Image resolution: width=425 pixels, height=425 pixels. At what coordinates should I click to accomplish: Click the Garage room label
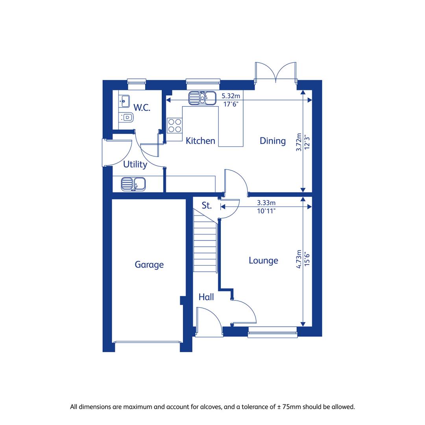point(149,264)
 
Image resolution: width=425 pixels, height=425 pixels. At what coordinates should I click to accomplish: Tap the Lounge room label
point(263,261)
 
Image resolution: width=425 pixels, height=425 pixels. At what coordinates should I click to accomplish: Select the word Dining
point(272,140)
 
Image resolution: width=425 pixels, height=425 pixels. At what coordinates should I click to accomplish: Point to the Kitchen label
point(200,140)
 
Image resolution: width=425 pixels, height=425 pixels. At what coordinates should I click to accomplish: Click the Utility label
point(135,164)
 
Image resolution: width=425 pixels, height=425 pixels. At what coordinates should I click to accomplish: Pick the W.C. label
point(142,107)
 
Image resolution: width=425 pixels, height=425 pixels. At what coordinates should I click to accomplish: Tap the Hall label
point(206,297)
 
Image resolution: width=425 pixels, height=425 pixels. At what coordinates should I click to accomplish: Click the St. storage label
point(207,205)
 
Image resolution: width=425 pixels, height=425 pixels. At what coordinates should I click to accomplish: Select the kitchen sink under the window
point(202,98)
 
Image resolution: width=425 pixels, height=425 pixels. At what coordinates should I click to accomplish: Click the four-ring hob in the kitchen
point(175,126)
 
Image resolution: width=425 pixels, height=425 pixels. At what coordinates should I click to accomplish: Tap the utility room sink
point(133,184)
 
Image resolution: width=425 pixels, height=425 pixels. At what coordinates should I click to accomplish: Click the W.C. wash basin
point(124,102)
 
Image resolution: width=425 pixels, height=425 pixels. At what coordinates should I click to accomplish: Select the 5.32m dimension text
point(231,96)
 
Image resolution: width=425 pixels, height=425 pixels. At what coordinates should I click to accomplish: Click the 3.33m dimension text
point(266,203)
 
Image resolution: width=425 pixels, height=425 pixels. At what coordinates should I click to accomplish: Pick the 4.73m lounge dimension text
point(299,259)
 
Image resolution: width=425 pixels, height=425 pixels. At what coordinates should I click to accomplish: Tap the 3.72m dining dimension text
point(299,142)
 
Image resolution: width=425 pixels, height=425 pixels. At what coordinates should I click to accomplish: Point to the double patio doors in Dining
point(275,72)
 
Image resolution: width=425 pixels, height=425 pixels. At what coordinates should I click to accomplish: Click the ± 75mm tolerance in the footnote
point(289,407)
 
